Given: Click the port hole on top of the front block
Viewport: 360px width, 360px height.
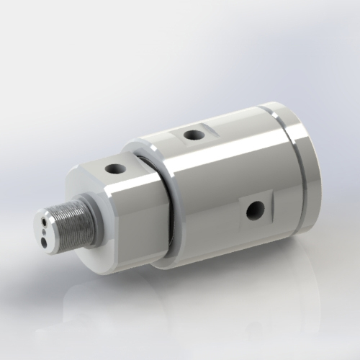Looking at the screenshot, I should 114,169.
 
